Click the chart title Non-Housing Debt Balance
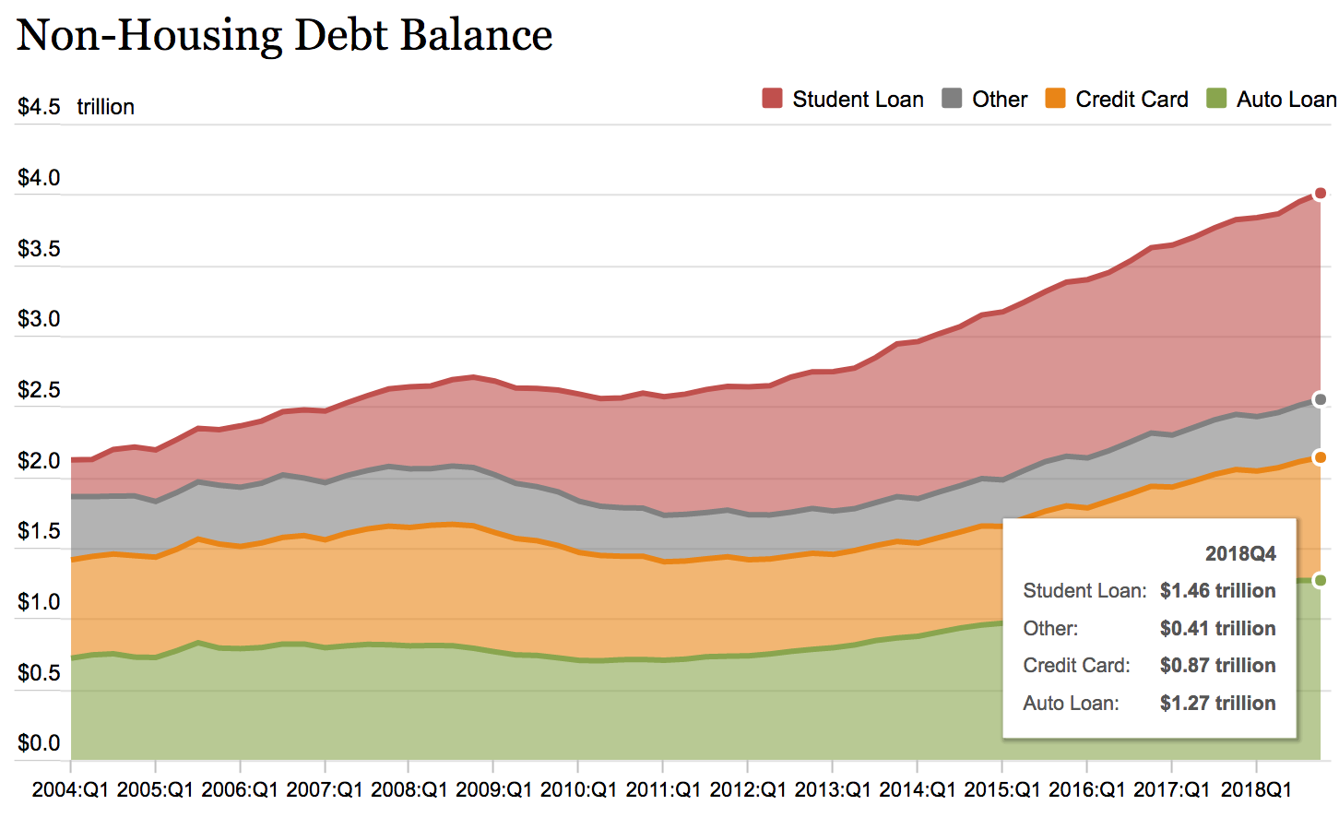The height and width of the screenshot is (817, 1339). click(x=284, y=35)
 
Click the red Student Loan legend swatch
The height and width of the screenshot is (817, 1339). click(x=772, y=99)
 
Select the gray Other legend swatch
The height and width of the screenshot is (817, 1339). click(x=952, y=99)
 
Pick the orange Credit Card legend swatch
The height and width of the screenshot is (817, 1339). click(x=1055, y=99)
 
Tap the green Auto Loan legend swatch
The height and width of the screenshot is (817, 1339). click(x=1216, y=99)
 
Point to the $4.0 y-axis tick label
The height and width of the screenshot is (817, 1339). click(x=39, y=178)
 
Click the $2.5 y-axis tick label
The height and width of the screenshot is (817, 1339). click(x=39, y=390)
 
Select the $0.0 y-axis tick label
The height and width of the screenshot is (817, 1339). click(x=39, y=743)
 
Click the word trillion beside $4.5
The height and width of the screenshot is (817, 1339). click(x=105, y=107)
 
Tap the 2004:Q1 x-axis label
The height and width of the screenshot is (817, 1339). click(x=70, y=790)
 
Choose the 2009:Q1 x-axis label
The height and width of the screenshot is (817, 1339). click(x=494, y=790)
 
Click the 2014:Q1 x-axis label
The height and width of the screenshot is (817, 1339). click(x=918, y=790)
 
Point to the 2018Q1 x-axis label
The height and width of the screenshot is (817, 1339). click(x=1256, y=790)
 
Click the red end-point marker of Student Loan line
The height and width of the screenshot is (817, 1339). click(x=1320, y=193)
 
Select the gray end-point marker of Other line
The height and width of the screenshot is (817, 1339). click(x=1320, y=399)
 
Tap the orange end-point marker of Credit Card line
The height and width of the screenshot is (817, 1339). click(x=1320, y=457)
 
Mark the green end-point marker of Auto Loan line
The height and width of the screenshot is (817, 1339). click(x=1320, y=580)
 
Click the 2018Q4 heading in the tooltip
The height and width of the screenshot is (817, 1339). click(x=1240, y=553)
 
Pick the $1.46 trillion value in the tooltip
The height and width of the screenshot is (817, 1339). click(x=1217, y=591)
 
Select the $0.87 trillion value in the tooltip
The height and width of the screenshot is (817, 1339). click(x=1217, y=666)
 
